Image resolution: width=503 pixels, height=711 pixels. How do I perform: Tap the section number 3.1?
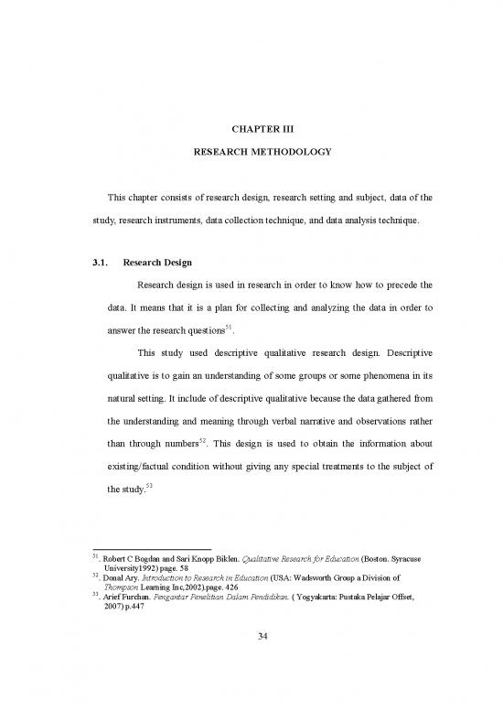click(x=91, y=264)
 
